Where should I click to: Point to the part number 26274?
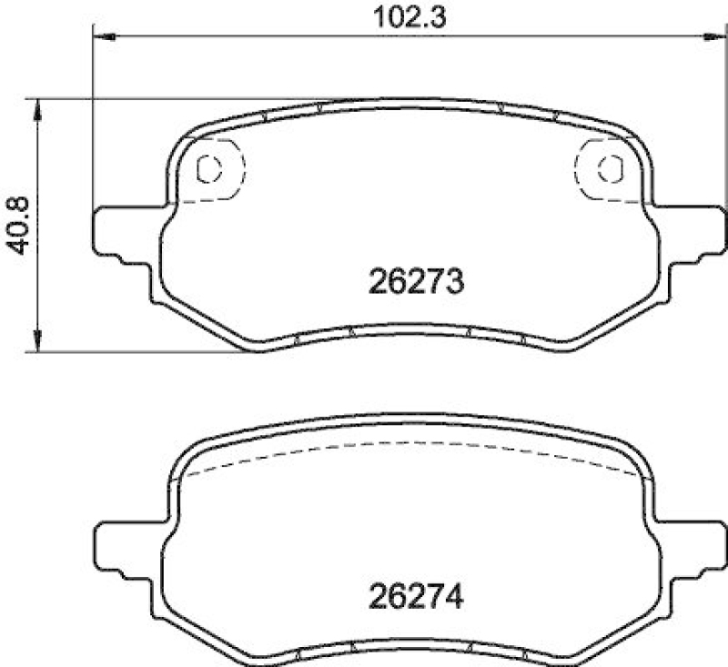click(x=418, y=598)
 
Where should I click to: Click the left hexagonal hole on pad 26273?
click(x=210, y=168)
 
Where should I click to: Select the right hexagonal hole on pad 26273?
click(x=607, y=168)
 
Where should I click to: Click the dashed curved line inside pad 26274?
click(x=409, y=445)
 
